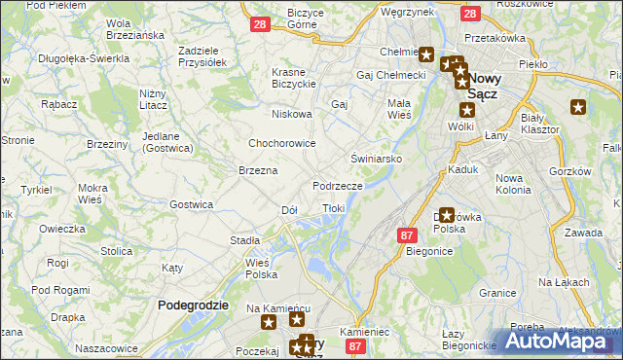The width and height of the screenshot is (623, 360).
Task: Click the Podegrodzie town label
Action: point(193,305)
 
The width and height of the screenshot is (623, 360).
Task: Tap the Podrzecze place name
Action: point(338,185)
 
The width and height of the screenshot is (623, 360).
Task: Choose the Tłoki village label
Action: point(334,209)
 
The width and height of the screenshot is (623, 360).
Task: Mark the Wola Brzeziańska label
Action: point(133,29)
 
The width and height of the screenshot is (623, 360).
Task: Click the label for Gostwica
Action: point(191,204)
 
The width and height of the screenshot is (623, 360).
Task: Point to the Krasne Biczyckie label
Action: point(303,79)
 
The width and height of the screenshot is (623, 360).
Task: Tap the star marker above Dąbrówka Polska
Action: point(446,215)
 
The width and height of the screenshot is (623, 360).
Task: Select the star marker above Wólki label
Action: point(465,110)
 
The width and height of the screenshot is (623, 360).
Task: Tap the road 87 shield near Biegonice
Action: point(408,234)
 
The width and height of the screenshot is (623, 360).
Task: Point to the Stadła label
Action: point(244,239)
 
